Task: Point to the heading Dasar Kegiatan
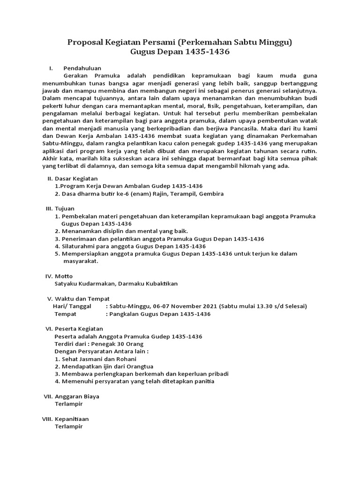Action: click(76, 179)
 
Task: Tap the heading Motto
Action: click(64, 276)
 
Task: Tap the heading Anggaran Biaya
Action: click(77, 396)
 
